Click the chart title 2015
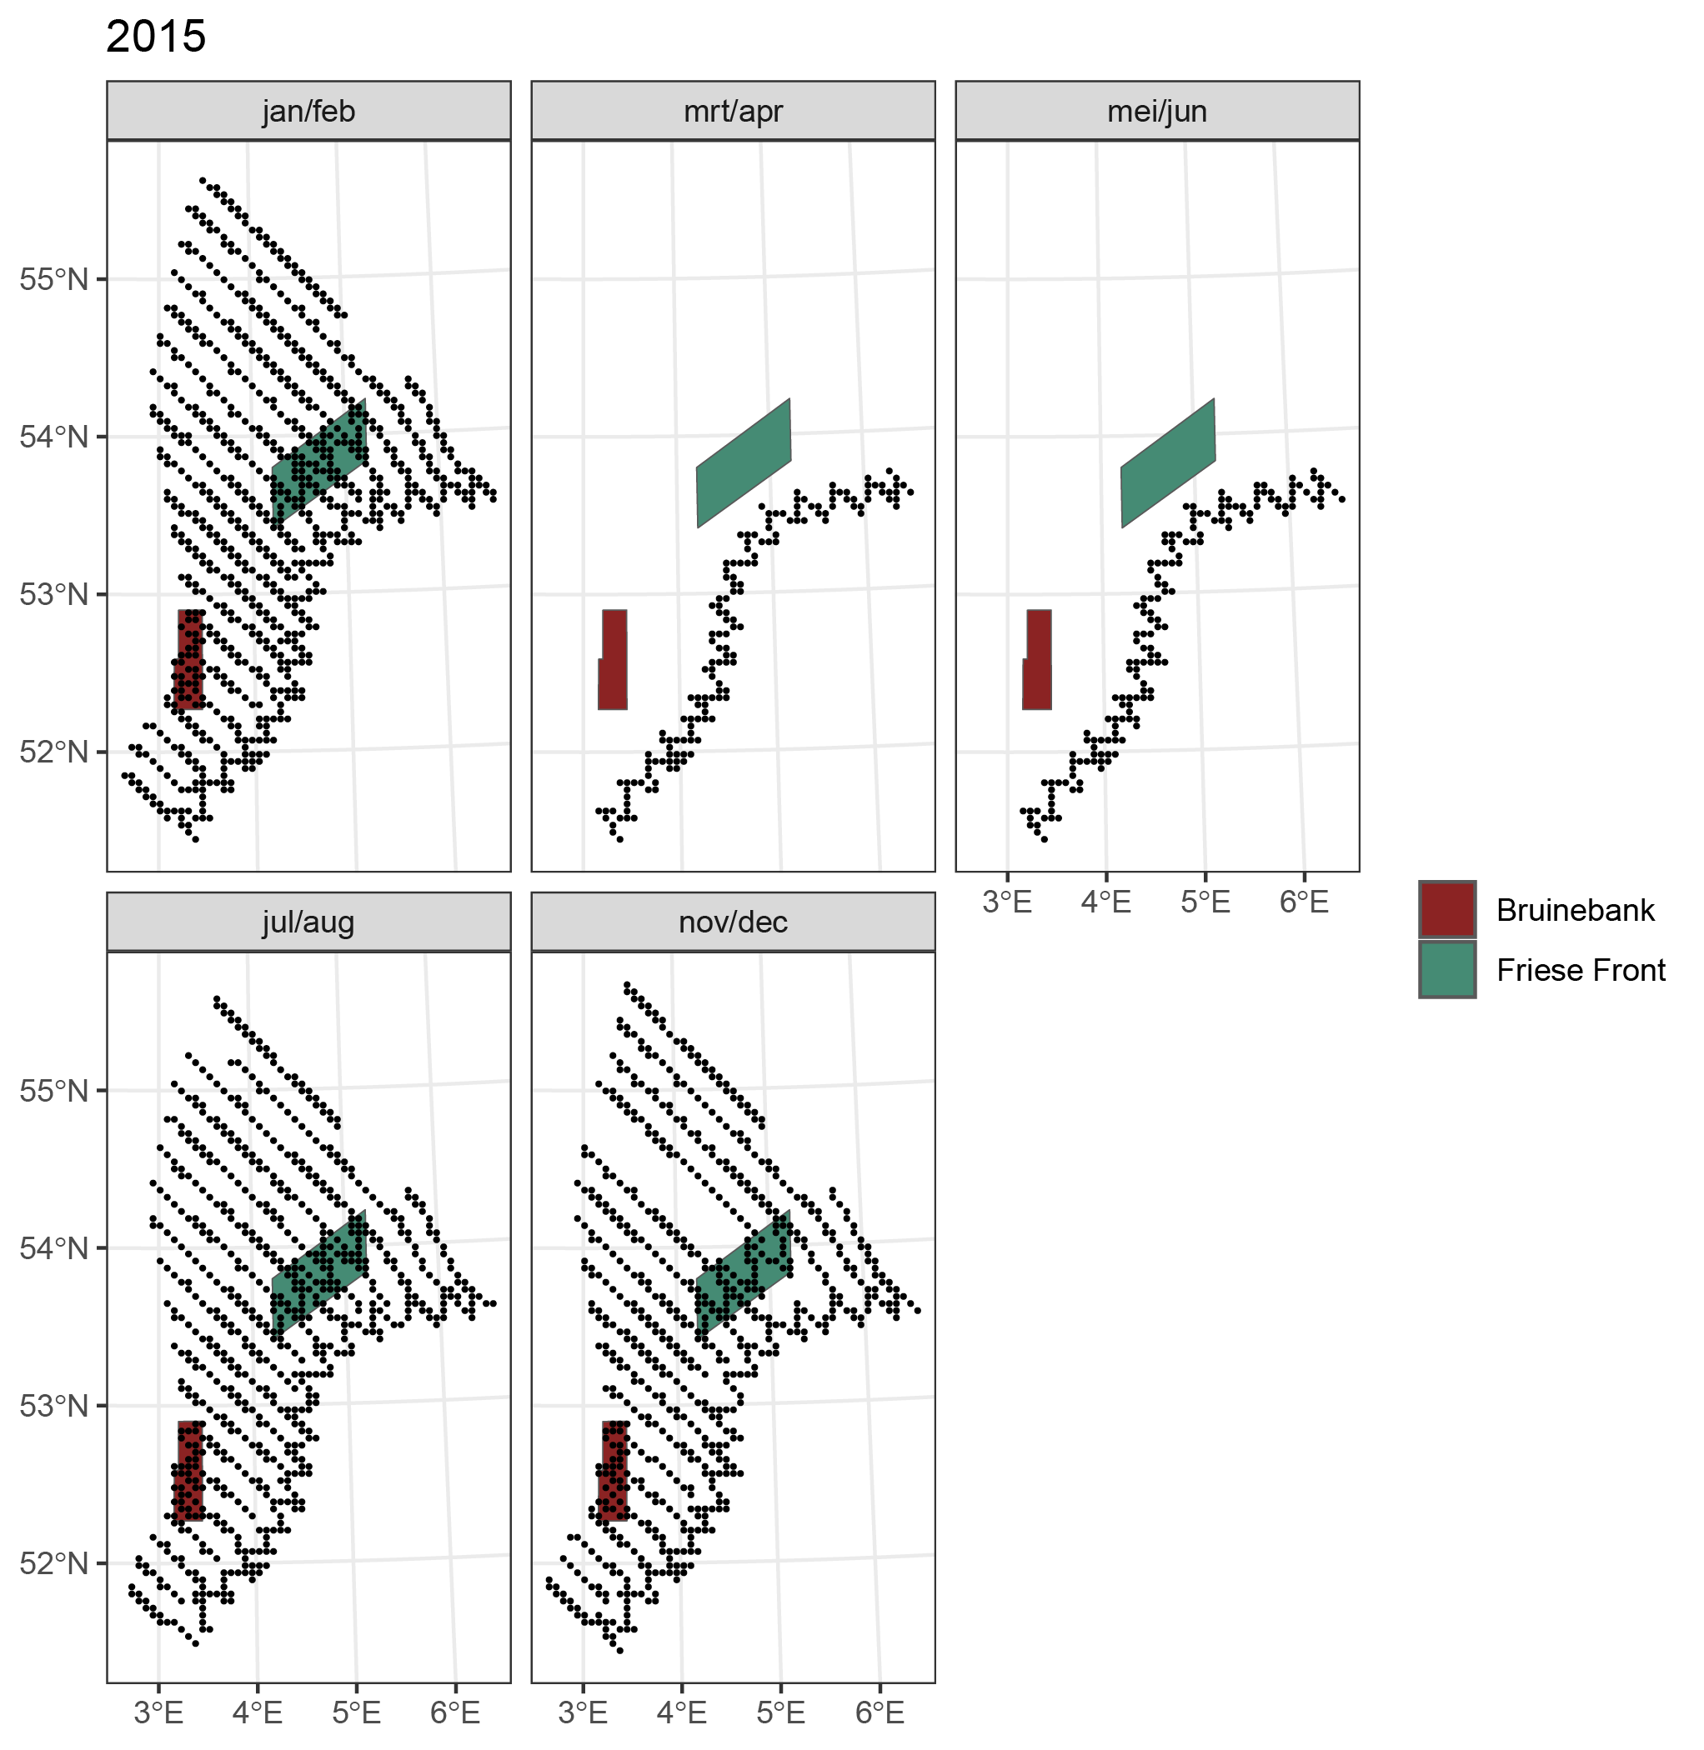(x=156, y=37)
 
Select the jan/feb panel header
(x=308, y=111)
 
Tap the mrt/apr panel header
(x=733, y=111)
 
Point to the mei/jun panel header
(x=1157, y=111)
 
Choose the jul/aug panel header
(x=308, y=922)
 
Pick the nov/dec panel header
(x=733, y=922)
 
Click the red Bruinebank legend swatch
(x=1447, y=910)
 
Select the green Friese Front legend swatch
(x=1447, y=970)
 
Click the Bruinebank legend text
(x=1575, y=910)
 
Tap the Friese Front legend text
(x=1581, y=970)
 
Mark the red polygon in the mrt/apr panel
(x=613, y=662)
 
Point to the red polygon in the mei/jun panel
(x=1037, y=662)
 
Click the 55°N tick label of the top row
(x=53, y=279)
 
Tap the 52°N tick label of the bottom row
(x=53, y=1563)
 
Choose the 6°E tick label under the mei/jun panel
(x=1304, y=902)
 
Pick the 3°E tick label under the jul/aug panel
(x=158, y=1712)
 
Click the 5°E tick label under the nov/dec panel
(x=780, y=1712)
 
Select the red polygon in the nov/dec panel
(x=614, y=1472)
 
